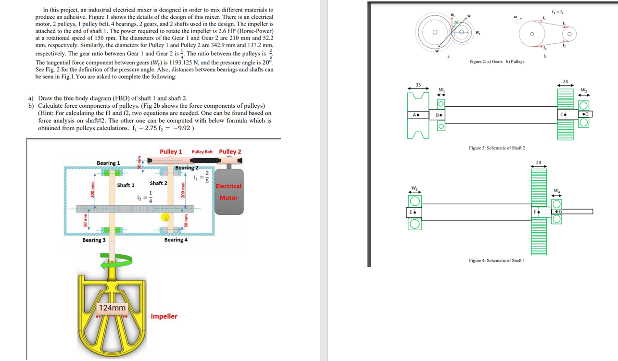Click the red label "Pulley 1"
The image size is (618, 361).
click(x=171, y=152)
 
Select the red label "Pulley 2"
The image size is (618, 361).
click(x=230, y=152)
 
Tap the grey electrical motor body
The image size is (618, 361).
click(x=228, y=192)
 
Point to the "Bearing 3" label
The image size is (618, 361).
click(x=94, y=240)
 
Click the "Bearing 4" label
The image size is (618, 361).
click(x=176, y=240)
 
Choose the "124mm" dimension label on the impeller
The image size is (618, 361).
click(x=112, y=308)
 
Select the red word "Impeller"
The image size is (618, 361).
click(x=164, y=316)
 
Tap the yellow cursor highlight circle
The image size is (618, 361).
click(x=165, y=218)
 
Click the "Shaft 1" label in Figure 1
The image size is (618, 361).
click(x=126, y=185)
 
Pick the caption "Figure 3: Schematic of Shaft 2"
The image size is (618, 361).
click(x=497, y=148)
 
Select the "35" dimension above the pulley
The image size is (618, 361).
click(x=418, y=85)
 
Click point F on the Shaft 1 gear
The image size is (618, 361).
click(x=536, y=212)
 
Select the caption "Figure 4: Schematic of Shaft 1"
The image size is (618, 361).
click(x=497, y=261)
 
